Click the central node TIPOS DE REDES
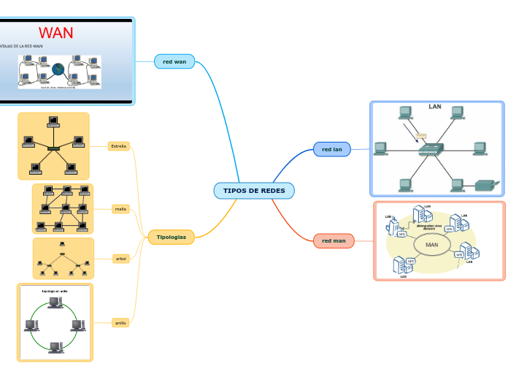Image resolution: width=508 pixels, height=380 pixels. click(254, 191)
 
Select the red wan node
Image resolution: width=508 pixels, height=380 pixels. click(174, 61)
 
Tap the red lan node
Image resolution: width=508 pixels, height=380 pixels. click(332, 149)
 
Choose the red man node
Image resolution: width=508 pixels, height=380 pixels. click(334, 240)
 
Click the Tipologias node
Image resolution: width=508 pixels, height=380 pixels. click(171, 237)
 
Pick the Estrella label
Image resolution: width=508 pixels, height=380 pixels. click(118, 146)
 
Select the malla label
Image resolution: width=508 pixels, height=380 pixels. click(120, 209)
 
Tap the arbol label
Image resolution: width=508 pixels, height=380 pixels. click(120, 258)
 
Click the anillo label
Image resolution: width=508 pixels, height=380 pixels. click(120, 322)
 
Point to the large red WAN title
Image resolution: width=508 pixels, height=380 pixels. click(56, 33)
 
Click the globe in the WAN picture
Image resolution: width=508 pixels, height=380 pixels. click(58, 69)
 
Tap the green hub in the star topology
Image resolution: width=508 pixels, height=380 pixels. click(53, 148)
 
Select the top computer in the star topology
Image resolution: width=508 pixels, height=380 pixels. click(53, 121)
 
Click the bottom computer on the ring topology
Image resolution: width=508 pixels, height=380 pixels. click(55, 347)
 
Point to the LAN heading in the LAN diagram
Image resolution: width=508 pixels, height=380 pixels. click(435, 107)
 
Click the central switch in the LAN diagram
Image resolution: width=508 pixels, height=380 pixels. click(430, 150)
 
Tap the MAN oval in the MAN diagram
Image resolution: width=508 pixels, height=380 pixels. click(431, 245)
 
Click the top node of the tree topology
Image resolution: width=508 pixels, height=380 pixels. click(63, 243)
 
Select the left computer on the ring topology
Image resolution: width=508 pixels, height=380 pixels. click(31, 325)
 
